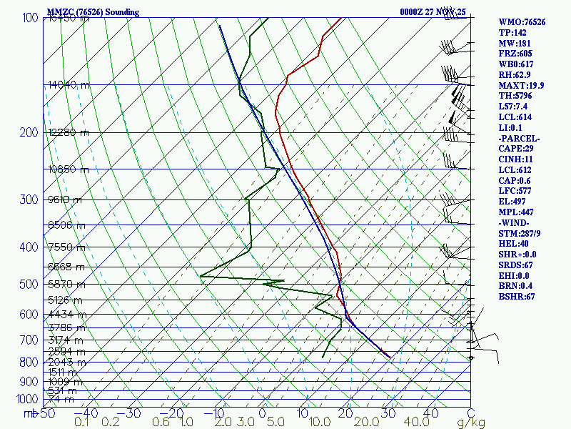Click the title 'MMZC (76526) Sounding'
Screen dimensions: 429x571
(93, 12)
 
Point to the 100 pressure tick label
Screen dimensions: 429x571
(31, 18)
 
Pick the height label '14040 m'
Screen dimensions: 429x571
(69, 84)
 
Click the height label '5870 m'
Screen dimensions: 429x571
(65, 284)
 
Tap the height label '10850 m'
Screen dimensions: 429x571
(69, 169)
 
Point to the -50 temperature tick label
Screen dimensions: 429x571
(46, 413)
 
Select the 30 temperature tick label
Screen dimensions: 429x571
(388, 413)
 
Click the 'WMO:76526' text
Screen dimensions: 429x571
(522, 22)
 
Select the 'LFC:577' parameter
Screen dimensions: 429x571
(512, 191)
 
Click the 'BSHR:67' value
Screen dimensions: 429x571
(515, 297)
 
